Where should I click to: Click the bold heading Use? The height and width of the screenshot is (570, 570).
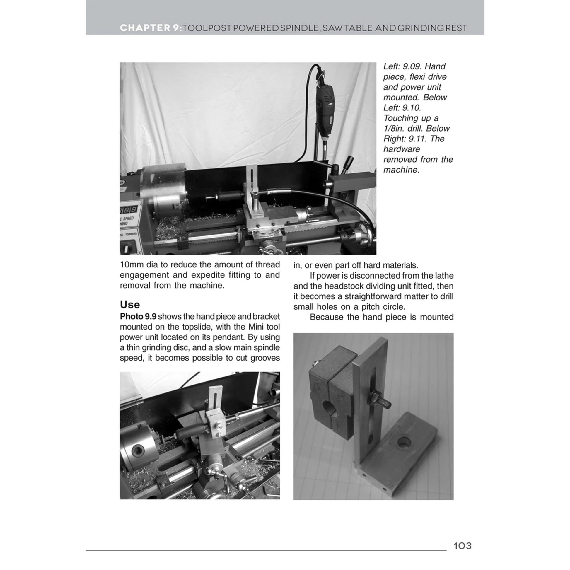[x=130, y=304]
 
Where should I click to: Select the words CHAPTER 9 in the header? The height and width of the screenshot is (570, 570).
[x=149, y=28]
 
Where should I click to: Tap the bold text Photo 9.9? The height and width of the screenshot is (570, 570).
[x=138, y=317]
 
